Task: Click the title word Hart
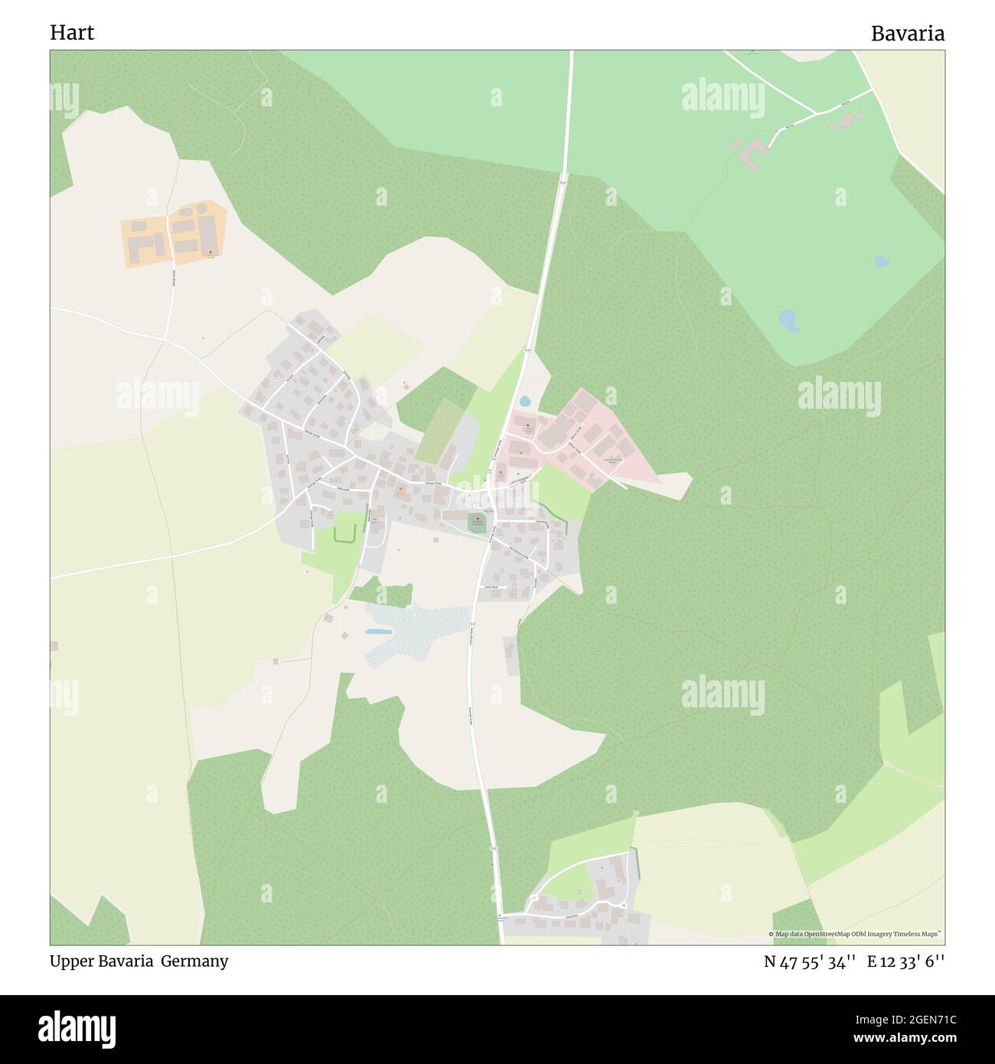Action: pos(72,33)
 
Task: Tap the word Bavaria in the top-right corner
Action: pos(907,34)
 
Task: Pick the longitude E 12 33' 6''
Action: pos(906,962)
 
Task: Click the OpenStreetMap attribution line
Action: pos(856,934)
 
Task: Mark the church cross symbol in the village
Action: pos(477,521)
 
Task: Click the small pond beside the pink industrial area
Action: pos(525,400)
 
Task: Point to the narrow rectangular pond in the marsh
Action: pos(378,632)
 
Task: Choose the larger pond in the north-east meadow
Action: pos(788,319)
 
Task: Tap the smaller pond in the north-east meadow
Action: pos(882,260)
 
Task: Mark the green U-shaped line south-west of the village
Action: pos(345,533)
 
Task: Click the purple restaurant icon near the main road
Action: pos(501,472)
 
